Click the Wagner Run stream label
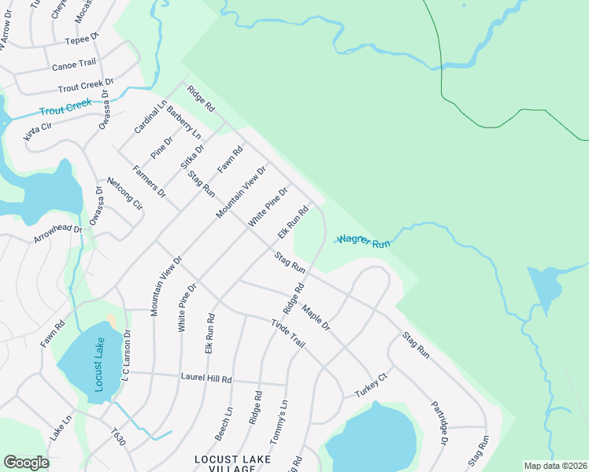tap(364, 241)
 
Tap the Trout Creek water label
tap(66, 107)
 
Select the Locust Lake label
tap(98, 359)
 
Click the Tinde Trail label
tap(287, 334)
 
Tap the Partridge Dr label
tap(439, 424)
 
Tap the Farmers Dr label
tap(149, 181)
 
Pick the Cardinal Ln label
tap(150, 116)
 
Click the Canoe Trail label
tap(73, 65)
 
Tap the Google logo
tap(26, 463)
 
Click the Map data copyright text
tap(555, 466)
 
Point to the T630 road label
tap(118, 434)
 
